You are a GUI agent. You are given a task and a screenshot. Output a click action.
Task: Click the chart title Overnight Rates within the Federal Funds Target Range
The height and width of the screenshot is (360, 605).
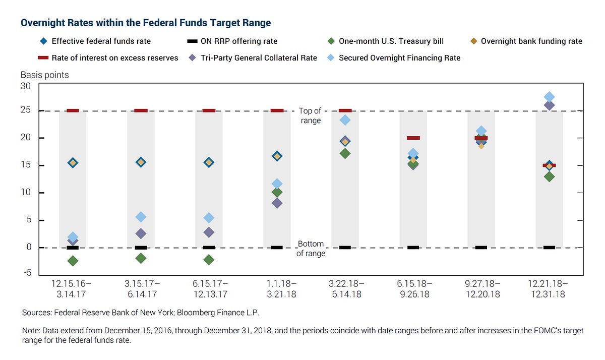(145, 23)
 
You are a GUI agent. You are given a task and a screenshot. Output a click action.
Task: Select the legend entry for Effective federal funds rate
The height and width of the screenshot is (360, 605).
(101, 41)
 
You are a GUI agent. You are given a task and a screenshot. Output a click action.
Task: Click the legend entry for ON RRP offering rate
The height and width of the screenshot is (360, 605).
(231, 41)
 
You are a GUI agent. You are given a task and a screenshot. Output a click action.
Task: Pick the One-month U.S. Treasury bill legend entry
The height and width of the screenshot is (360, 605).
(391, 41)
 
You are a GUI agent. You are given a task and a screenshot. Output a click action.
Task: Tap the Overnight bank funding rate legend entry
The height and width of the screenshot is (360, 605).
(531, 41)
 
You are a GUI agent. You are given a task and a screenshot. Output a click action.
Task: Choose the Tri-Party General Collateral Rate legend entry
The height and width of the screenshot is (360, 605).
(259, 57)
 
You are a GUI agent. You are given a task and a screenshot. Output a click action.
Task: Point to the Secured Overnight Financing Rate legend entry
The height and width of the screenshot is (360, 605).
(399, 57)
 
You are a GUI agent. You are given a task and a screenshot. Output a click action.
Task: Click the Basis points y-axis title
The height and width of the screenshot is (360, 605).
(44, 75)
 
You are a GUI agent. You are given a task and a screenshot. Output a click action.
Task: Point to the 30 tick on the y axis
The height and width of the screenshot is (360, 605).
(26, 86)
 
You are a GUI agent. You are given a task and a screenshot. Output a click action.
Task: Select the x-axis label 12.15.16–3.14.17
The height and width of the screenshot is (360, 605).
(73, 288)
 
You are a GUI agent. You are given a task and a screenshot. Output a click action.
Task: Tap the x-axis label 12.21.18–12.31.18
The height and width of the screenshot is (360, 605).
(549, 288)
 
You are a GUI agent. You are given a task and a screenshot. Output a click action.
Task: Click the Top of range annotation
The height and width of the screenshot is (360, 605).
(310, 115)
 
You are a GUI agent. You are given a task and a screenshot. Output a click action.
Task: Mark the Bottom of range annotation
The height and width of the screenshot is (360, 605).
(310, 249)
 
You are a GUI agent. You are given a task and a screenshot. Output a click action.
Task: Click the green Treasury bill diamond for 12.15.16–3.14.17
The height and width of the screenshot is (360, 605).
(73, 261)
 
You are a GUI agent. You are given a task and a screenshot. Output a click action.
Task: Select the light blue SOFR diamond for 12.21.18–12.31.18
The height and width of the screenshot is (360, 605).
(549, 97)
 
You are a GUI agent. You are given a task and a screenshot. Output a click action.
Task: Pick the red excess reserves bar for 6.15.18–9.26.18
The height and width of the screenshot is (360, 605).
(413, 138)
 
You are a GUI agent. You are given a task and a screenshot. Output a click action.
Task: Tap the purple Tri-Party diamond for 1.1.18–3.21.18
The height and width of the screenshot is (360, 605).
(277, 203)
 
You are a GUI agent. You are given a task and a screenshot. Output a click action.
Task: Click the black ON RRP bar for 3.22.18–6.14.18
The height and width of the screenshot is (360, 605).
(345, 248)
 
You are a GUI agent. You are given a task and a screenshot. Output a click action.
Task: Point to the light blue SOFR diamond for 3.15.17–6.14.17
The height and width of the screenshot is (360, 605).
(141, 217)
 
